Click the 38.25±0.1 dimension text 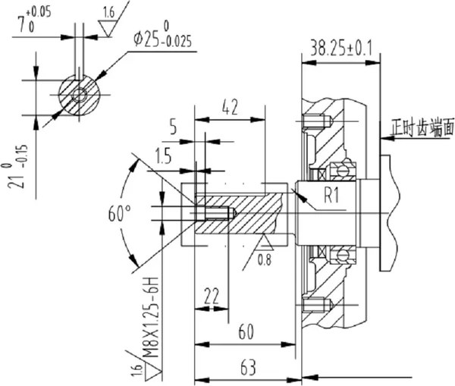340,49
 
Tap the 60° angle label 119,213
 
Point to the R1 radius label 331,196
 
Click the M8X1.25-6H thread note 151,318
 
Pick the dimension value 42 230,107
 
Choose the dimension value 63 249,368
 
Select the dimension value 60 246,332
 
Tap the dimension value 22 212,297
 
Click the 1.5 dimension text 163,156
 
